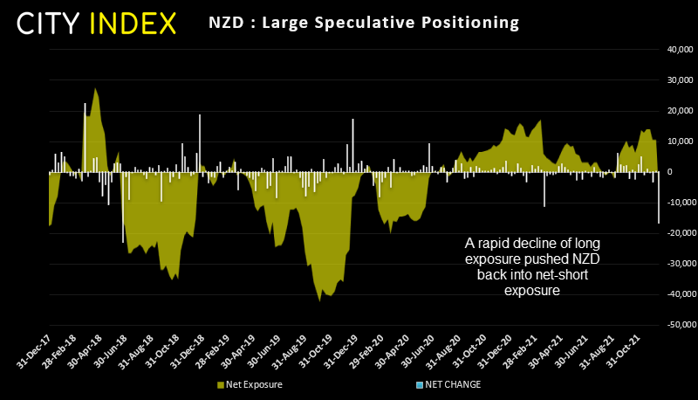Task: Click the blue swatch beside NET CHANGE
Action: pos(419,384)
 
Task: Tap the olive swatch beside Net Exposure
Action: pos(218,384)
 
